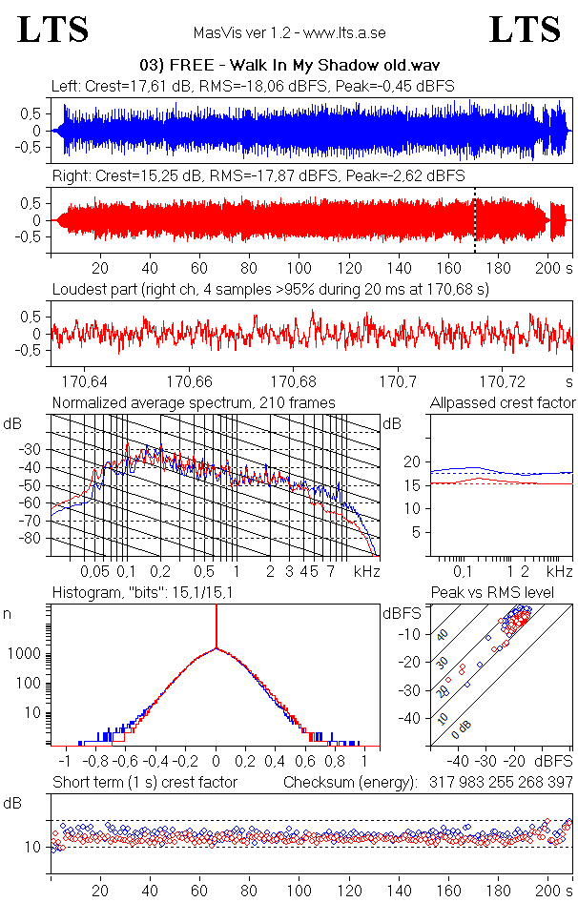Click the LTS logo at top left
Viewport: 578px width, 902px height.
pyautogui.click(x=53, y=30)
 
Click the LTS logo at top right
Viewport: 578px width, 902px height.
pyautogui.click(x=525, y=30)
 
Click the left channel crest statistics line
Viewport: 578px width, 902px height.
pyautogui.click(x=253, y=86)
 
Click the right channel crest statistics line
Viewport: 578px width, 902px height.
pyautogui.click(x=258, y=175)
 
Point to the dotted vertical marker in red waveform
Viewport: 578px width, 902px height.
pyautogui.click(x=475, y=220)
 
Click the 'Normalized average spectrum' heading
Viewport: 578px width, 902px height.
pyautogui.click(x=194, y=402)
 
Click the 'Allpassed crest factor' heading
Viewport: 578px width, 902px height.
pyautogui.click(x=503, y=402)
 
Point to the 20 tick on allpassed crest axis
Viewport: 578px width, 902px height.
pyautogui.click(x=412, y=461)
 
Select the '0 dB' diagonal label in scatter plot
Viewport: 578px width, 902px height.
pyautogui.click(x=463, y=729)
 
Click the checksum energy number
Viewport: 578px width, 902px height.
pyautogui.click(x=494, y=782)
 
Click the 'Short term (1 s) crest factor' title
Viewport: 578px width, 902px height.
pyautogui.click(x=144, y=782)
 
